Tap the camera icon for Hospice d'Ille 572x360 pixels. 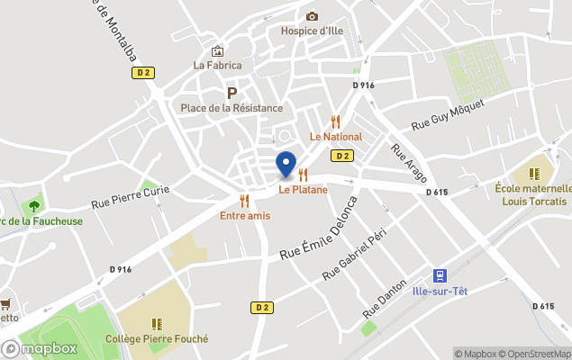click(312, 16)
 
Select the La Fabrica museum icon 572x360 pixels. click(217, 51)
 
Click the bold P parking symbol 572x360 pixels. click(232, 93)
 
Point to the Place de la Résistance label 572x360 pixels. click(232, 108)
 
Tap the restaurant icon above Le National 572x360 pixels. click(336, 121)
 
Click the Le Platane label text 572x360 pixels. click(303, 190)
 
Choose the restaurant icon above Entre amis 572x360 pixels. click(244, 200)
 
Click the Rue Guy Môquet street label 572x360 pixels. click(448, 115)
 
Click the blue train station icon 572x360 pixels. click(440, 274)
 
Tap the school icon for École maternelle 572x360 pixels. click(534, 173)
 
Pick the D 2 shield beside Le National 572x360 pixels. click(341, 156)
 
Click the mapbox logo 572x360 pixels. click(40, 348)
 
